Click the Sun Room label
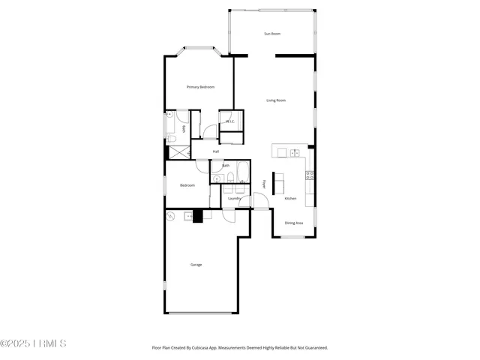coord(271,34)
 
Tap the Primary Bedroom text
coord(200,87)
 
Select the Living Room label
coord(276,100)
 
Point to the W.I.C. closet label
coord(230,121)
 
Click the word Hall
coord(216,151)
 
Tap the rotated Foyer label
coord(264,184)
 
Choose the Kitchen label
coord(290,198)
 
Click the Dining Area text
coord(294,223)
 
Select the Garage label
coord(196,264)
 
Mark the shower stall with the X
coord(178,152)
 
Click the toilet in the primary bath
coord(172,139)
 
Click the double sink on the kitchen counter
coord(294,153)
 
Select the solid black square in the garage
coord(198,217)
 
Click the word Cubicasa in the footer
coord(202,348)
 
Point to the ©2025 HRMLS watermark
coord(33,343)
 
